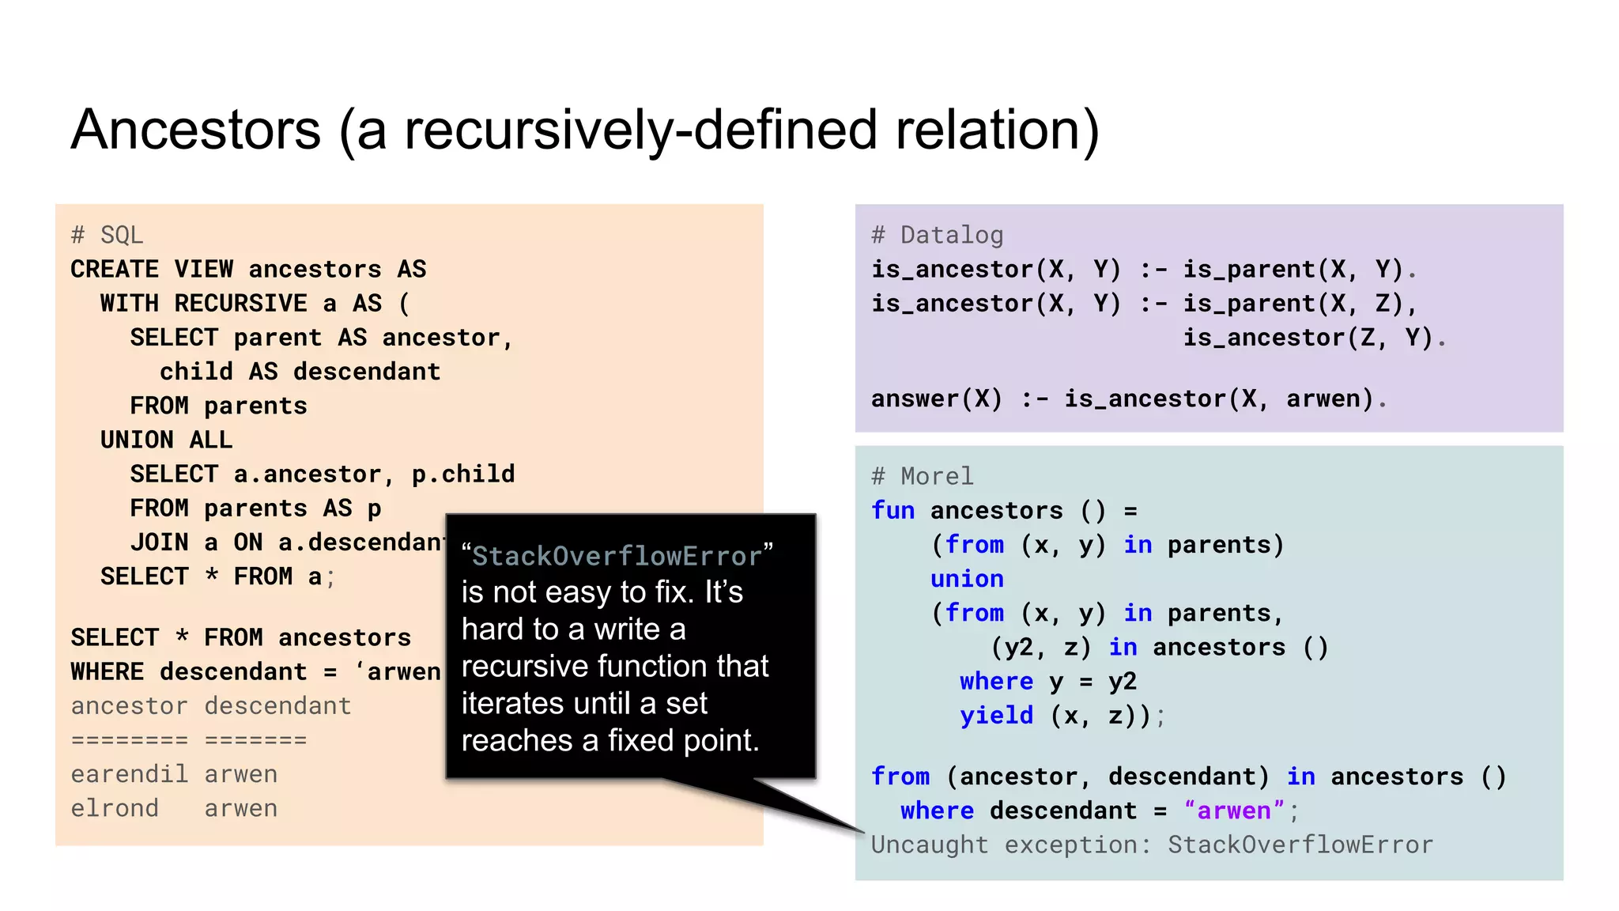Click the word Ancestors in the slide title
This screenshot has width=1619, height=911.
click(196, 130)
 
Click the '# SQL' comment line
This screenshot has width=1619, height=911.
click(107, 235)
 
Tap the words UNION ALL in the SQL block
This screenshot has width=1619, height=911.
click(166, 440)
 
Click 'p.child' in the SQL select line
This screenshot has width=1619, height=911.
click(462, 474)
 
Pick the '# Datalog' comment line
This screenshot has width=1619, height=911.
click(937, 235)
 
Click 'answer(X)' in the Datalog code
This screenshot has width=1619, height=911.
click(936, 399)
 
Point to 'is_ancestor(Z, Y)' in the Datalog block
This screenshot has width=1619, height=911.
click(1308, 338)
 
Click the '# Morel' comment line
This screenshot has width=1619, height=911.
click(922, 476)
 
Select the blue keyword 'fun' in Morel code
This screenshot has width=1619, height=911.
click(893, 510)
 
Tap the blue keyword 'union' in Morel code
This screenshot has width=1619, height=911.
click(966, 579)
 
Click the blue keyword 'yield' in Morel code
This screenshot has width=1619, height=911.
click(996, 716)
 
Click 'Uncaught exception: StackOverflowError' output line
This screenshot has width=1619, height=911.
click(1151, 845)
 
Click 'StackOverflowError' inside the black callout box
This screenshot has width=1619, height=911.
click(617, 556)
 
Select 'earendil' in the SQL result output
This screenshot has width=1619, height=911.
click(129, 774)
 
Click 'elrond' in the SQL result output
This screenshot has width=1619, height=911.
click(115, 808)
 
